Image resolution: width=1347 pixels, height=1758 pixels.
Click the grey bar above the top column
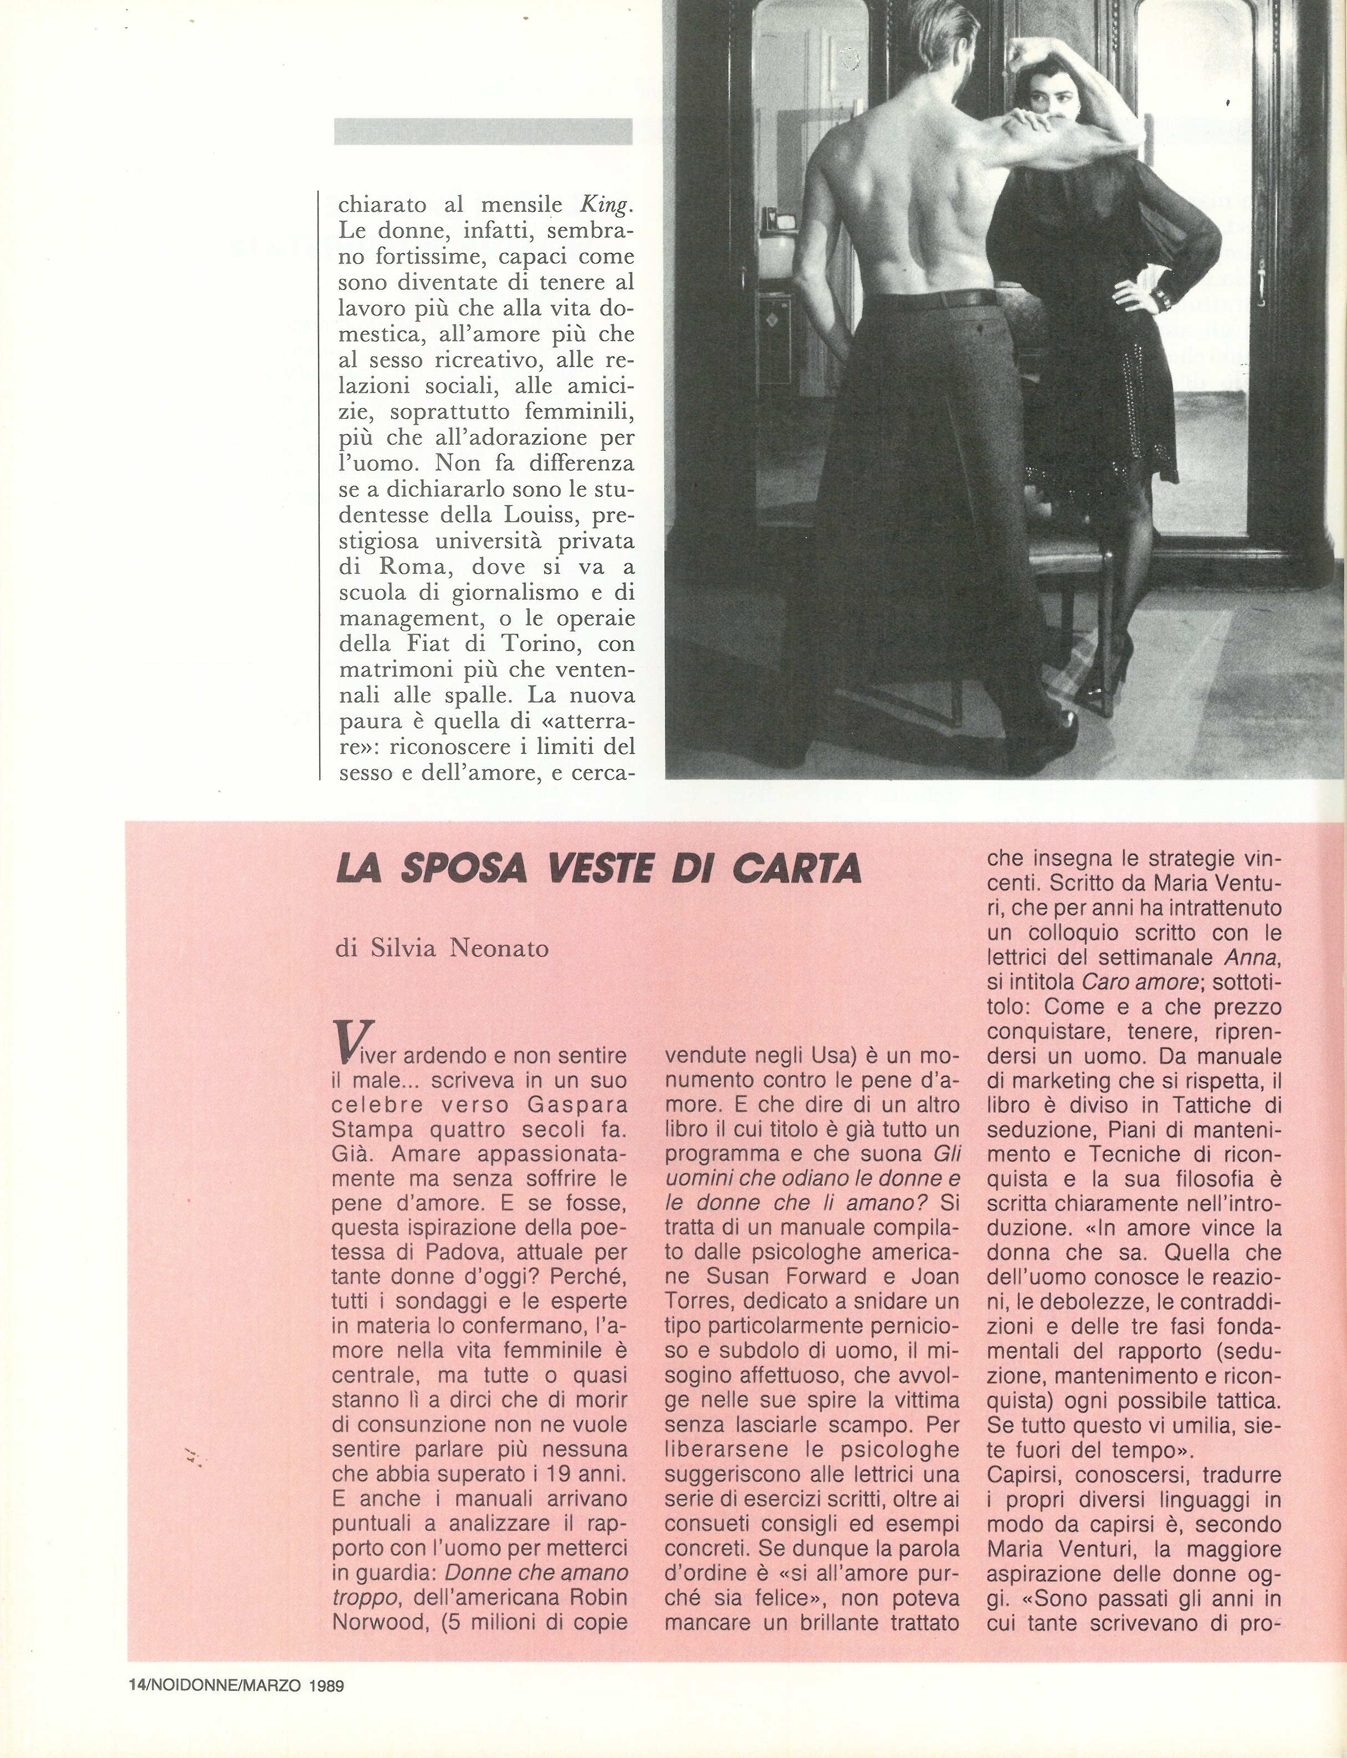[482, 131]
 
